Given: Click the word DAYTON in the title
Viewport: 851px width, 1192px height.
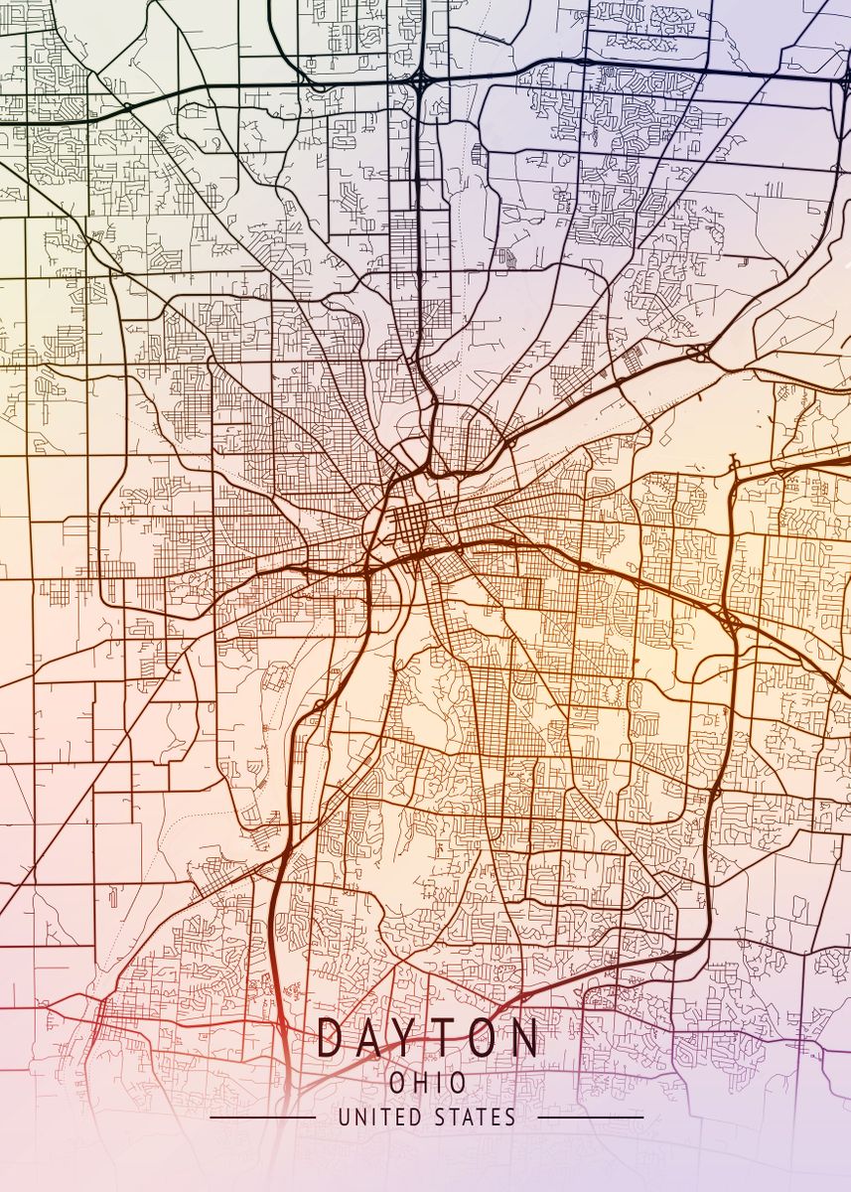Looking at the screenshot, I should pos(428,1038).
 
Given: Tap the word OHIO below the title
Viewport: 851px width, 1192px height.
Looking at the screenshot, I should pos(428,1082).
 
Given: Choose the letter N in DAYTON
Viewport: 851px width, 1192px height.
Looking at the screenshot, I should pos(525,1038).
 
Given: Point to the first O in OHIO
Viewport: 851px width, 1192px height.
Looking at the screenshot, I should pos(399,1082).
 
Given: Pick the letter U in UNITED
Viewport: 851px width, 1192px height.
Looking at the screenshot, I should pos(345,1117).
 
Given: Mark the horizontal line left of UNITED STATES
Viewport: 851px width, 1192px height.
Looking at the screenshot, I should pos(262,1117).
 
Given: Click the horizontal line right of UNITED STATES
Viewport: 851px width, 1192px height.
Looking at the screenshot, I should pos(593,1117).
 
